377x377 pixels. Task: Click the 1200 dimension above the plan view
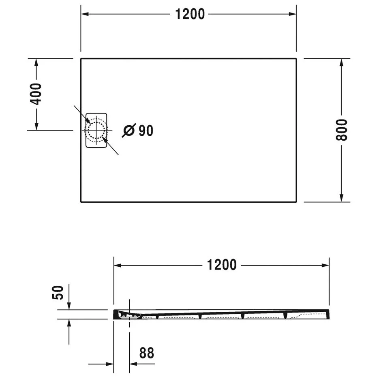tap(190, 14)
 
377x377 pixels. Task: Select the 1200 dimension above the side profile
tap(221, 265)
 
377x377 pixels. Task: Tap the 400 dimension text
tap(36, 94)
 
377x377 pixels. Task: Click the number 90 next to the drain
tap(146, 131)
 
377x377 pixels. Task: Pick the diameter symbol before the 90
tap(129, 131)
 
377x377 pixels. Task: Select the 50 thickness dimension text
tap(59, 292)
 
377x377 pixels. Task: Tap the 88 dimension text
tap(146, 353)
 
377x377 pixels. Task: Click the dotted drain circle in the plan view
tap(96, 130)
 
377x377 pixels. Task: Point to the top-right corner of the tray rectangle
tap(296, 59)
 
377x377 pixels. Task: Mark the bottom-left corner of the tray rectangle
tap(81, 201)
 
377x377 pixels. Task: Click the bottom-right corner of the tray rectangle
tap(296, 201)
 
